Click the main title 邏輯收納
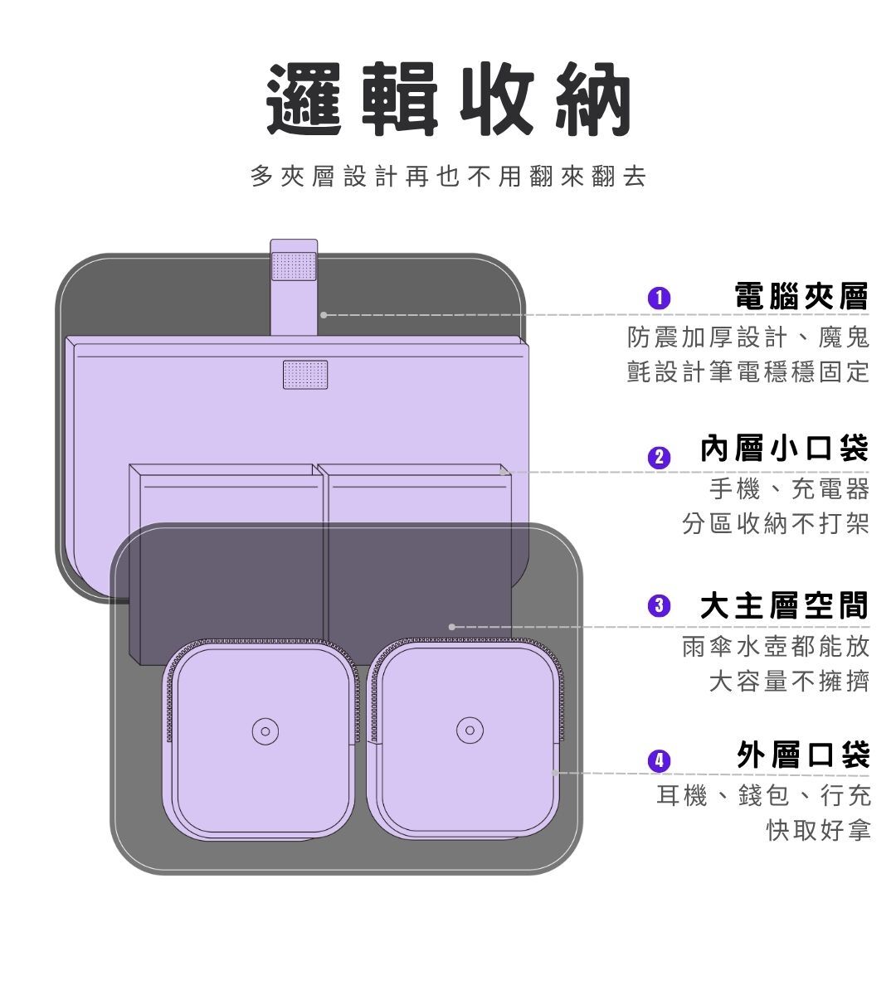click(x=449, y=100)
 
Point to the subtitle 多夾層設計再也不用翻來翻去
click(x=448, y=177)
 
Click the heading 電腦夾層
click(x=801, y=296)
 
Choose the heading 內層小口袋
click(x=784, y=449)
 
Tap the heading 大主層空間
click(x=784, y=606)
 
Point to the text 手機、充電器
click(x=789, y=489)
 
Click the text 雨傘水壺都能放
click(x=776, y=646)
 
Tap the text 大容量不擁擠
click(x=789, y=682)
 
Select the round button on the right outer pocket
click(x=469, y=731)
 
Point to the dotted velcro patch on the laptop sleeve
click(x=304, y=374)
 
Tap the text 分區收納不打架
click(x=776, y=524)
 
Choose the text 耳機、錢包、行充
click(x=764, y=796)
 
